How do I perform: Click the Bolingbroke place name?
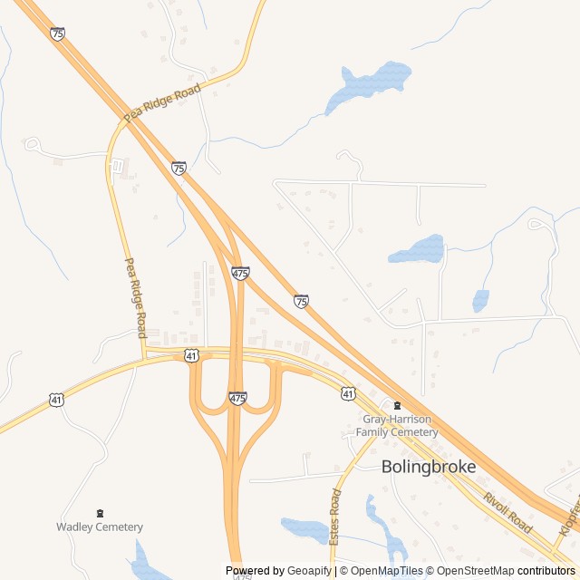tap(429, 467)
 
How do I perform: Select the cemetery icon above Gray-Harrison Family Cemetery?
tap(396, 405)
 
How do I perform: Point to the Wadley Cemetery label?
tap(100, 527)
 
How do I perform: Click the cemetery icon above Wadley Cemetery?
tap(100, 513)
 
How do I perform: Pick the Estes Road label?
tap(335, 516)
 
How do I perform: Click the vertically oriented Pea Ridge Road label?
tap(134, 293)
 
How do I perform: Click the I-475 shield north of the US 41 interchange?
tap(240, 273)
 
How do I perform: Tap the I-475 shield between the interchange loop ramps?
tap(237, 398)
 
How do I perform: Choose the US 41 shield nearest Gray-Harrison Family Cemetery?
tap(349, 392)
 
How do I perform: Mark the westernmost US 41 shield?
tap(57, 399)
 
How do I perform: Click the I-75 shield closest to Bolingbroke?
tap(301, 300)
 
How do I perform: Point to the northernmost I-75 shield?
tap(58, 34)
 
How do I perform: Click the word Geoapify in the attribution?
tap(309, 571)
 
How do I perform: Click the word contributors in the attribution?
tap(546, 571)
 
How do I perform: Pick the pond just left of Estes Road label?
tap(304, 528)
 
